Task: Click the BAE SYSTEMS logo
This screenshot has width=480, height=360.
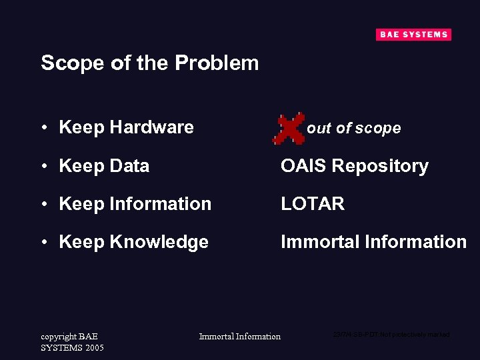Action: coord(413,35)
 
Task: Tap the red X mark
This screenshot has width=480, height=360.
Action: coord(289,128)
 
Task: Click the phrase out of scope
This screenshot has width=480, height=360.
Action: coord(354,128)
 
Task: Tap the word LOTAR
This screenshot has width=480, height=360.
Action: coord(313,204)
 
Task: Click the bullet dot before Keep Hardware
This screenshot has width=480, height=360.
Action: coord(43,127)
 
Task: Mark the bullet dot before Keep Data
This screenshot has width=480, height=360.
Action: coord(43,166)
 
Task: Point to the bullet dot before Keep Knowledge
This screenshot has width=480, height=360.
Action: coord(43,243)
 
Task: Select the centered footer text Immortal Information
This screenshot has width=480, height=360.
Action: coord(240,336)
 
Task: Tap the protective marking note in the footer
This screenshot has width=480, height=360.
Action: coord(391,334)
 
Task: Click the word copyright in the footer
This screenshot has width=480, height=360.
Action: coord(58,337)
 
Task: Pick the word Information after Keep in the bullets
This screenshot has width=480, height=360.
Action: coord(160,204)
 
